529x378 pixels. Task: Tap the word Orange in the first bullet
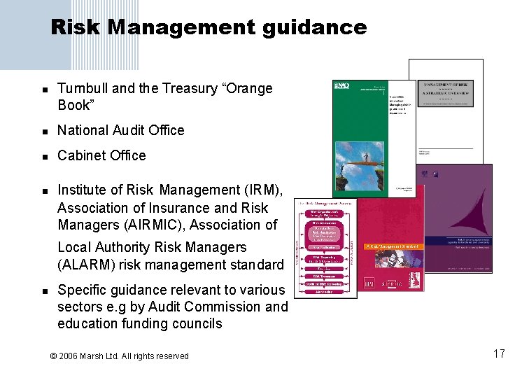[x=248, y=89]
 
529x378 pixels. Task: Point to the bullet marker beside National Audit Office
[x=43, y=132]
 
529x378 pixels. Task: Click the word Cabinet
[x=80, y=155]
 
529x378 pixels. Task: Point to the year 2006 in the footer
[x=70, y=356]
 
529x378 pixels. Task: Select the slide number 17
[x=498, y=353]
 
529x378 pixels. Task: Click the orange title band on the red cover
[x=393, y=246]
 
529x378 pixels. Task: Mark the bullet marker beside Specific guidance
[x=43, y=290]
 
